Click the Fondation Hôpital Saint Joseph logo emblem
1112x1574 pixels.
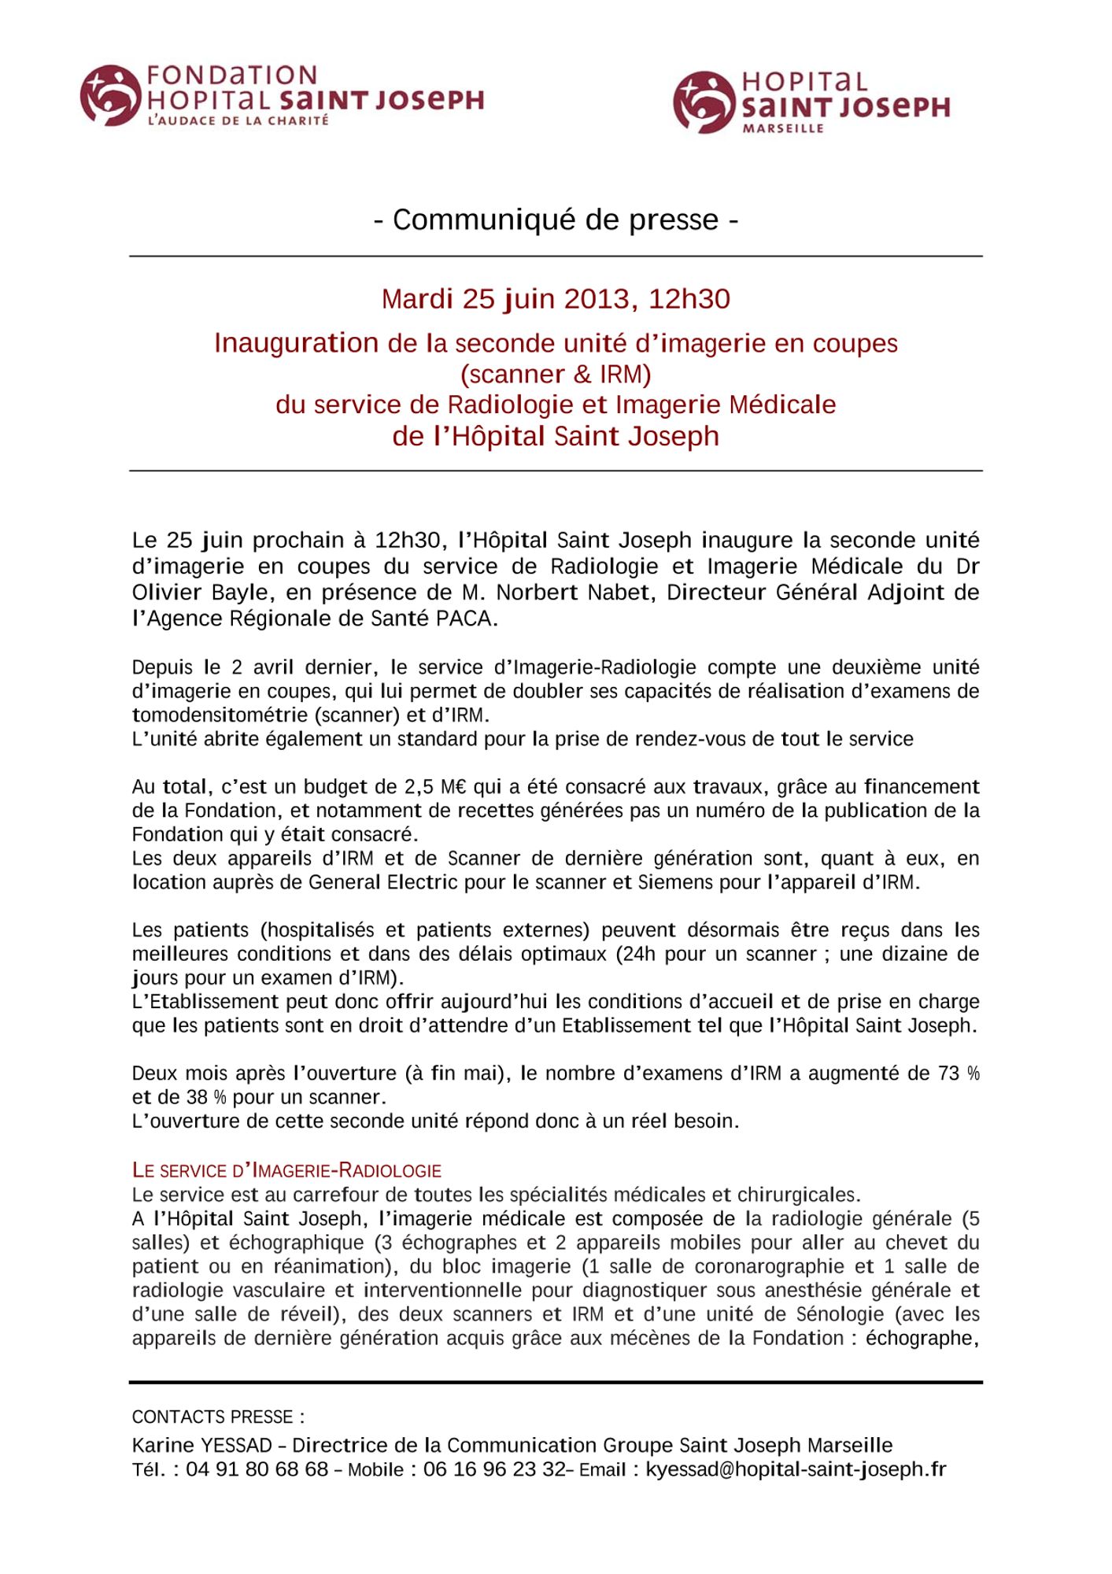pos(110,96)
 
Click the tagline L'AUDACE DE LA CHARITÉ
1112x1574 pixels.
pos(238,121)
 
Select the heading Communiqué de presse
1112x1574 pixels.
pos(556,220)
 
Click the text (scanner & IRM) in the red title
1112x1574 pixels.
pos(556,374)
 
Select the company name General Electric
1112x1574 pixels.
pos(382,882)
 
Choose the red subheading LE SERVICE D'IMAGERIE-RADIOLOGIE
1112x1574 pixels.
pos(286,1171)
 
